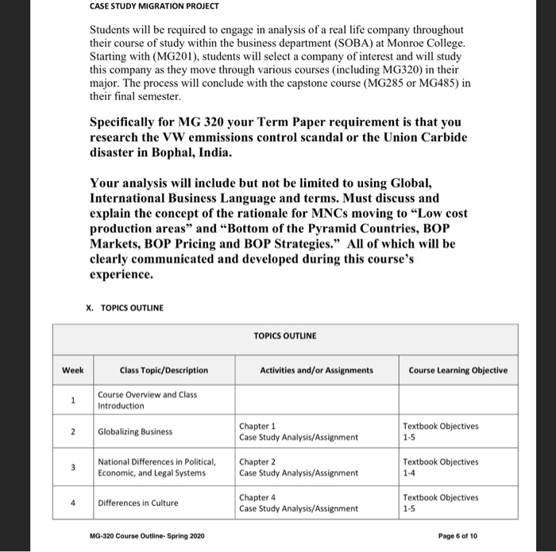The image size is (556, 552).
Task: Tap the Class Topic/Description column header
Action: pos(164,370)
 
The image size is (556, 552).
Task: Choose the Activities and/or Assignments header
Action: pos(316,370)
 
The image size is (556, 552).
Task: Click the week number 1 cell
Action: pos(72,400)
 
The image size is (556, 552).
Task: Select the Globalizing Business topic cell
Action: pos(136,431)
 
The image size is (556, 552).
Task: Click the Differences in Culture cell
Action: pos(138,503)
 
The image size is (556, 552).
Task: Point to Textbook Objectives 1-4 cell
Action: pos(440,467)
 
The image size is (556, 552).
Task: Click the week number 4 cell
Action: pos(72,503)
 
